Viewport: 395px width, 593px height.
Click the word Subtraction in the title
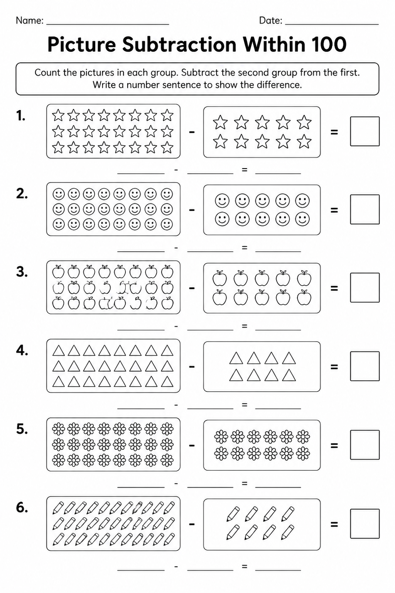(179, 44)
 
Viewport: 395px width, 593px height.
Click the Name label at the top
(30, 20)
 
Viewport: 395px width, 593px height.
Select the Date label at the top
(271, 20)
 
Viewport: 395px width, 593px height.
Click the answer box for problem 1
(365, 131)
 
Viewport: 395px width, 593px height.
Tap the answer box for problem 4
(365, 366)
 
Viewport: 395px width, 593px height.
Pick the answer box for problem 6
(365, 524)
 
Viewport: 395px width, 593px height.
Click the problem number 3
(22, 272)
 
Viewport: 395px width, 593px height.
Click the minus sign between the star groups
(192, 132)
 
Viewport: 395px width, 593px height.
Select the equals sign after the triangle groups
(334, 367)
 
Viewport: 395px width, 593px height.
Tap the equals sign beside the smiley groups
(334, 210)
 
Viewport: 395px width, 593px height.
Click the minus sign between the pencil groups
(192, 524)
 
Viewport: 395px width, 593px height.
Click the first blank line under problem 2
(141, 251)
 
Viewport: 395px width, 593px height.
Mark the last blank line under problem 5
(278, 487)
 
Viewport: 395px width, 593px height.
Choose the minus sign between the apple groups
(192, 288)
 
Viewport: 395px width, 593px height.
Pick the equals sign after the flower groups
(334, 446)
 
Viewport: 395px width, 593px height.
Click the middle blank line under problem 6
(210, 569)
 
